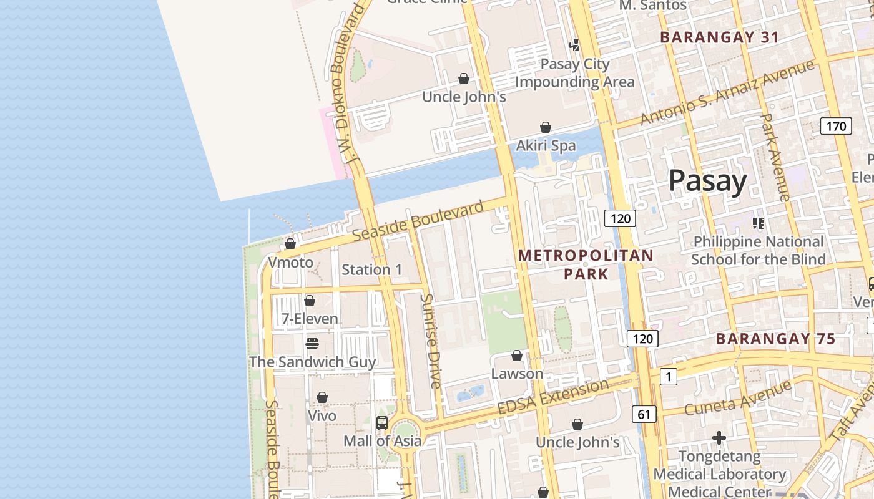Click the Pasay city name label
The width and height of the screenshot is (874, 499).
pos(707,181)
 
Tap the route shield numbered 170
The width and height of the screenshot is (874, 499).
pos(836,127)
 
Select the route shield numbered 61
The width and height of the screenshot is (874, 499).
pos(644,414)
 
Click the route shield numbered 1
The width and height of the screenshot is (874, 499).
pos(668,377)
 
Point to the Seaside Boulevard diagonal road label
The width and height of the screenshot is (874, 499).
pos(418,221)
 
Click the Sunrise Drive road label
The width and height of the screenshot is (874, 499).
pos(431,341)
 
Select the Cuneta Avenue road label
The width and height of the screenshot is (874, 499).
pos(737,399)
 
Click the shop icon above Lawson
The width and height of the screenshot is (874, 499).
pos(517,356)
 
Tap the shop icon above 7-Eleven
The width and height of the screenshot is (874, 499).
pos(310,301)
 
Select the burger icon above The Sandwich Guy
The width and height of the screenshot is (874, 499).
pos(312,344)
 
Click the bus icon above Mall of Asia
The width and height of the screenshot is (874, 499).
pos(382,422)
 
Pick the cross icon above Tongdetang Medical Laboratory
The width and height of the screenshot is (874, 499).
pos(719,438)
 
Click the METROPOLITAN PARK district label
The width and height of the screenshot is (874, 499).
pos(586,264)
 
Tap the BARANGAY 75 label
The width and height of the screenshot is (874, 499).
pos(775,339)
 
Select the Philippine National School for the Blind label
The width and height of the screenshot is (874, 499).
pos(759,250)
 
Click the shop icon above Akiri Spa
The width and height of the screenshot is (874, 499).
pos(546,127)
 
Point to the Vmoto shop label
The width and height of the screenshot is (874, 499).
pos(290,263)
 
